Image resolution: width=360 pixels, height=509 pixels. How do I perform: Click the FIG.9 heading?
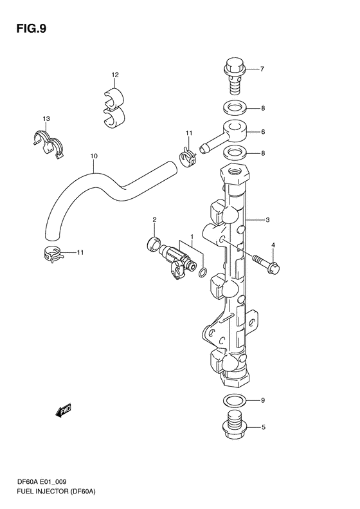[32, 29]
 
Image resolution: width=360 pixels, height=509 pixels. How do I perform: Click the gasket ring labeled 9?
[235, 400]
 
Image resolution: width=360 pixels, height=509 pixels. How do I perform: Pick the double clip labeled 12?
[114, 107]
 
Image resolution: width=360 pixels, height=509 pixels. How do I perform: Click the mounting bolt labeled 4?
[266, 263]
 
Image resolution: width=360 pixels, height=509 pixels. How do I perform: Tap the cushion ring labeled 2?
[154, 243]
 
